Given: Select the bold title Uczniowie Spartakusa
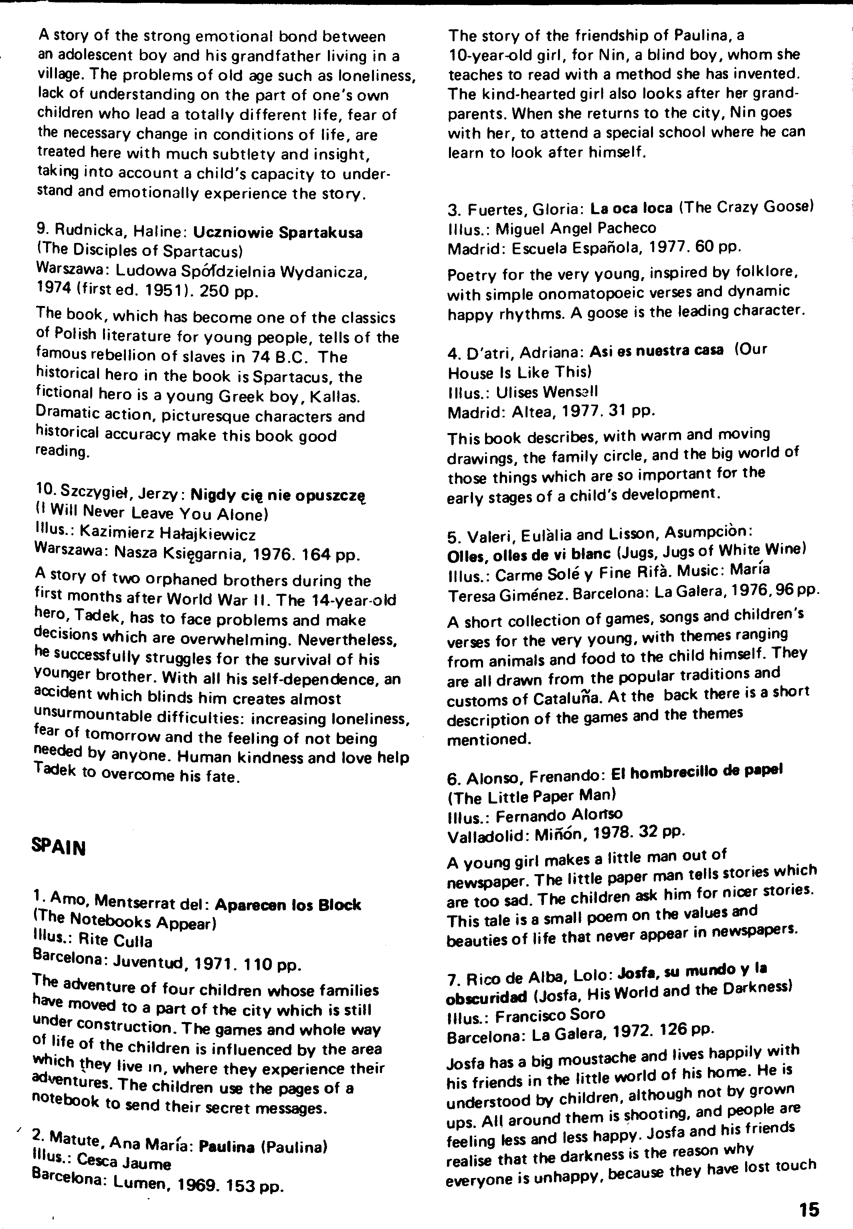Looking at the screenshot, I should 277,233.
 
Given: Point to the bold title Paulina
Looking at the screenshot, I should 226,1147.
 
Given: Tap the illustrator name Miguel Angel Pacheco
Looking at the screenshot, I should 576,228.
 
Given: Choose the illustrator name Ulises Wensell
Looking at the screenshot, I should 547,392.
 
